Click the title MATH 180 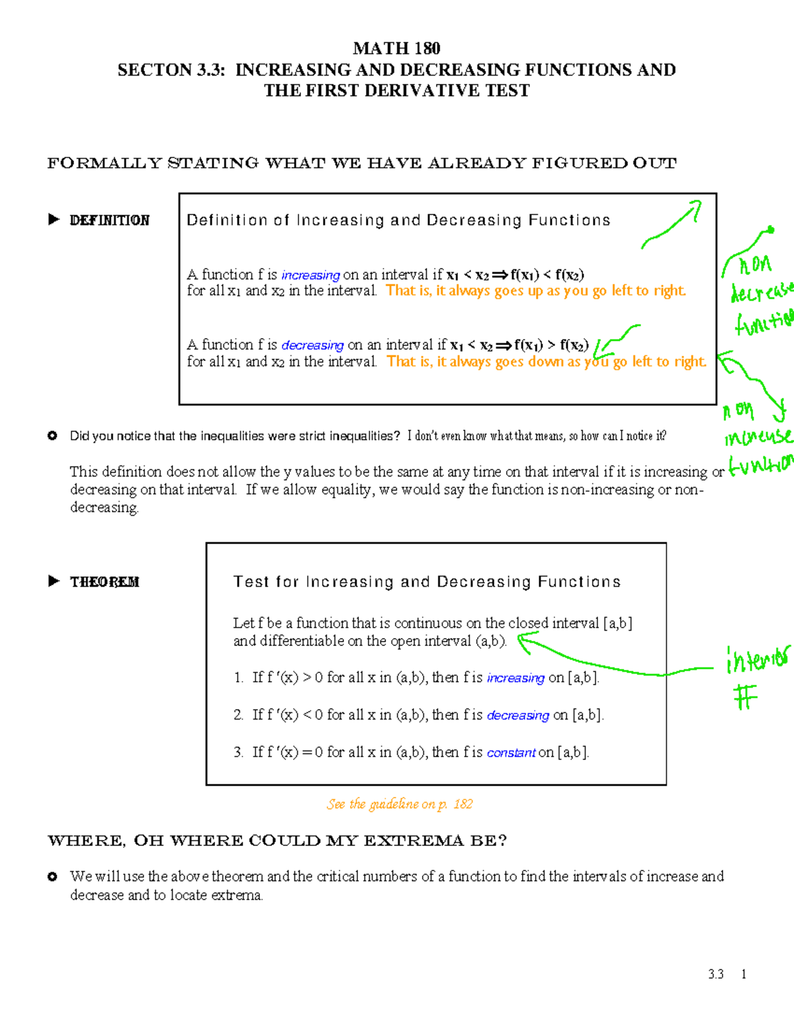396,48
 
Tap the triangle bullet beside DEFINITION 54,220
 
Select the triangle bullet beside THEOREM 54,581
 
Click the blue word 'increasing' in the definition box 310,275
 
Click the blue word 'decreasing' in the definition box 312,346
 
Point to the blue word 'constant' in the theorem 511,753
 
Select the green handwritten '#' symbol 745,698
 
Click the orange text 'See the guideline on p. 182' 400,804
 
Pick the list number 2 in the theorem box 238,715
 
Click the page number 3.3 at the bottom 715,974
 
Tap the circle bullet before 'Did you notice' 52,436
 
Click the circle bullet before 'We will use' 52,876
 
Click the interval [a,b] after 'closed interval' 617,624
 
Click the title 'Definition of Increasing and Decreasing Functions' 398,220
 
